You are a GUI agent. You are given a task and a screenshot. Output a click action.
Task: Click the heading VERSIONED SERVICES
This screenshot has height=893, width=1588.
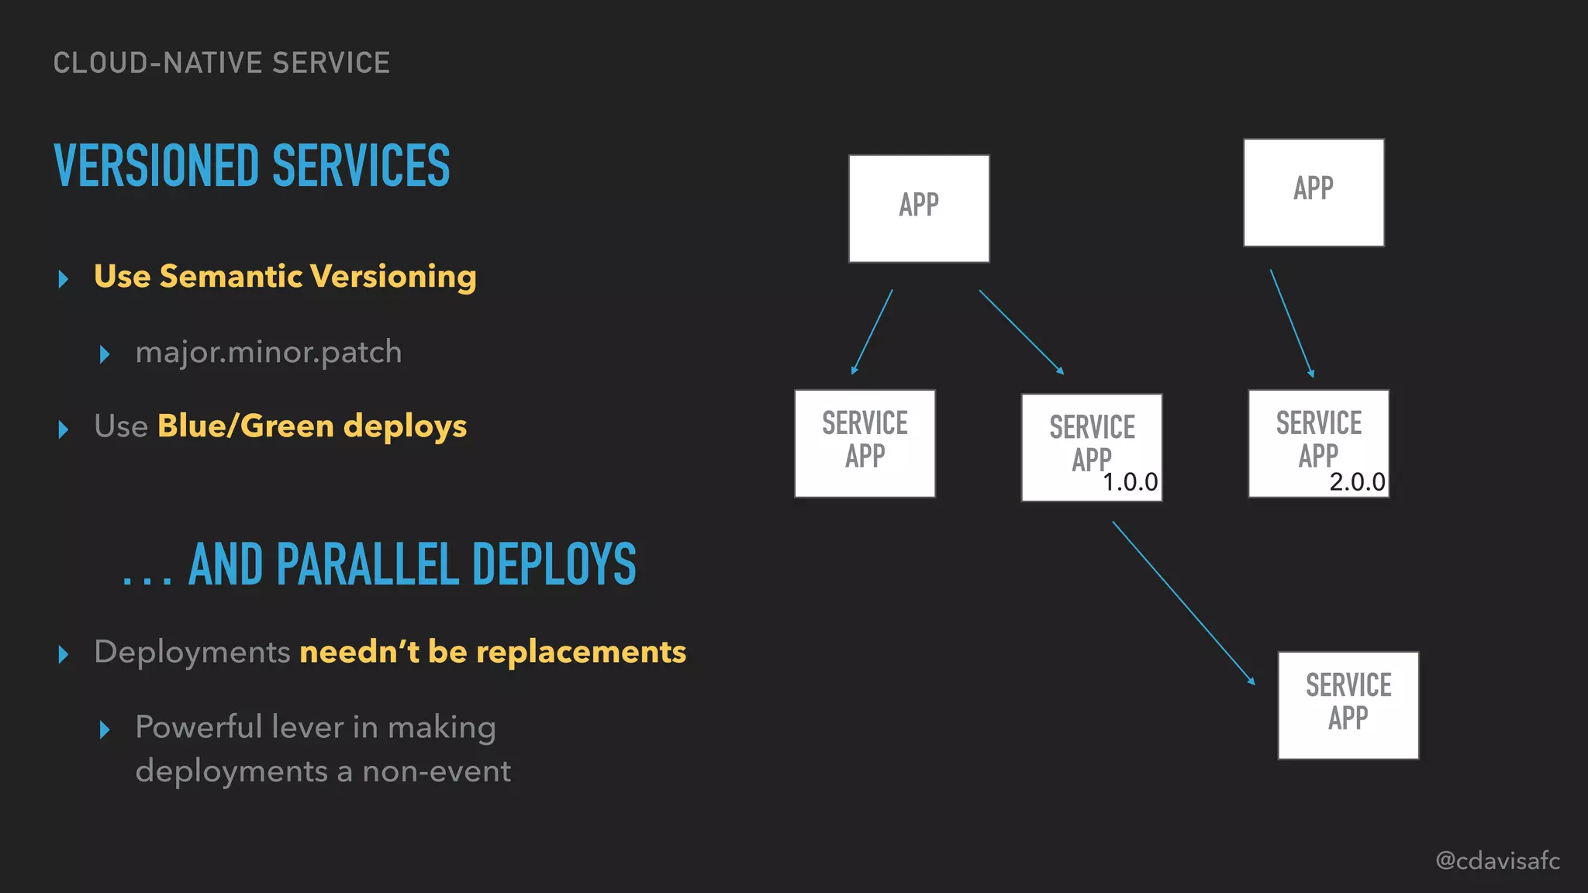[252, 166]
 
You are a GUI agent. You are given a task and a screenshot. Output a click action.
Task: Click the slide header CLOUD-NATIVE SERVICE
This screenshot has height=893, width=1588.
[222, 63]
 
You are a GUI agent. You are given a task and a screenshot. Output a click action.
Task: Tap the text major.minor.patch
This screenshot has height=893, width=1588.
[268, 352]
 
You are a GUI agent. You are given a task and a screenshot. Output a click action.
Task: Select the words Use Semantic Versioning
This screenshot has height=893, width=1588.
[285, 277]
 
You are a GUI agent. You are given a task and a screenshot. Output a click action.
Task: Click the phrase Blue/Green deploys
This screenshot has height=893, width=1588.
[312, 426]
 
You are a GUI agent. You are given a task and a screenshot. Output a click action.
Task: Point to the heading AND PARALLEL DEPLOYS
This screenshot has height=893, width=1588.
[412, 564]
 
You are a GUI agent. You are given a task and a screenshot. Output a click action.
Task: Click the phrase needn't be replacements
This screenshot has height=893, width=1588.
[492, 652]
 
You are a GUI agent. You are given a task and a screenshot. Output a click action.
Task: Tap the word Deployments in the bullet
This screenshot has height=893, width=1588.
[192, 652]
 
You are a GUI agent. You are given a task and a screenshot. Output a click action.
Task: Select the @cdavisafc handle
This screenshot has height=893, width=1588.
[1497, 860]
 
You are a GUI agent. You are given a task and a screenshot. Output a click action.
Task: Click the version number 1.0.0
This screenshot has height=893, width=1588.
[1130, 482]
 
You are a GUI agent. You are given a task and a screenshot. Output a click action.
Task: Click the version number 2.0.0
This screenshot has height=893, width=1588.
[1357, 482]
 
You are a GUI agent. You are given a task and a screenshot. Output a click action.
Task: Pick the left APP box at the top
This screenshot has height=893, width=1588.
[919, 208]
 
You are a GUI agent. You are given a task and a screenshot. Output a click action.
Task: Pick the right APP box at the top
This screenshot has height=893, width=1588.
[1314, 192]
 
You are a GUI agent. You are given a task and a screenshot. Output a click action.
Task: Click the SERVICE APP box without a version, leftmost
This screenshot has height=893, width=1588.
[865, 443]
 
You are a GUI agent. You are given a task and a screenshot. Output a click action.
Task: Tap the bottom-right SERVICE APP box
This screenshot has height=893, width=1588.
[1348, 705]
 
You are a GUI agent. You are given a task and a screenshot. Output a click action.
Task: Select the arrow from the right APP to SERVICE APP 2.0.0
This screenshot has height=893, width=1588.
[1292, 323]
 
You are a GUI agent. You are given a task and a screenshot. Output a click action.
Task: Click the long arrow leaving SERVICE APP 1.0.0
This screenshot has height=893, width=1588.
[1183, 602]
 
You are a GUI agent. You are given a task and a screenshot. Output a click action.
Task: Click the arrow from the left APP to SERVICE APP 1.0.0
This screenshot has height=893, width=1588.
[1021, 333]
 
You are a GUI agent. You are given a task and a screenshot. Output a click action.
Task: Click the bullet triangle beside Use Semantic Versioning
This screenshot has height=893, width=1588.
[64, 278]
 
